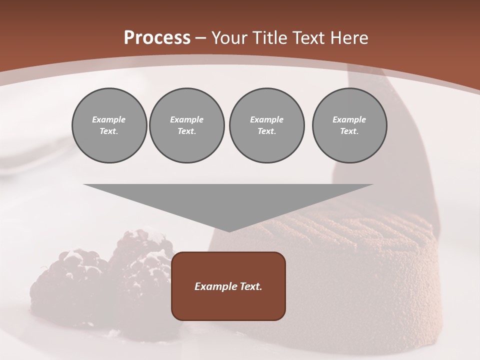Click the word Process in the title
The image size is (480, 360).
(157, 38)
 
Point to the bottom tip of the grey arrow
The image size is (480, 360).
(228, 231)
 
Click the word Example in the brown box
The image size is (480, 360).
(214, 286)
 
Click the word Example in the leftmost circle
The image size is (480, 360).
(109, 119)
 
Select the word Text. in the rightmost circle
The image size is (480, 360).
(349, 131)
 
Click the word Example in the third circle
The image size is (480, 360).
(266, 119)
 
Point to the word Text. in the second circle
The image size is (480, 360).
(186, 131)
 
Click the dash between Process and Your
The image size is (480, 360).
(201, 38)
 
